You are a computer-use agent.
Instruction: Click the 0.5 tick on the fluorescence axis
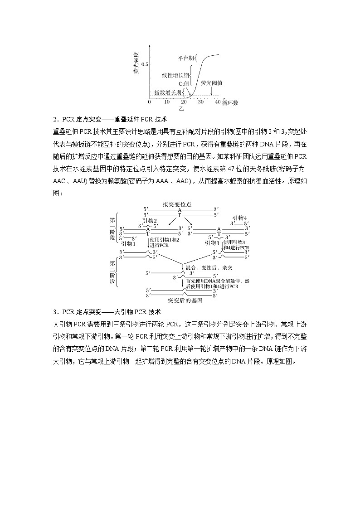pyautogui.click(x=144, y=65)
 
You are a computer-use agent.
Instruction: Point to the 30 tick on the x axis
pyautogui.click(x=201, y=102)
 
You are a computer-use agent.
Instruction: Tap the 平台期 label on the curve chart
pyautogui.click(x=187, y=58)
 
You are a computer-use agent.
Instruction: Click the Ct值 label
pyautogui.click(x=184, y=84)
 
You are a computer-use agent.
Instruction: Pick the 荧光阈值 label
pyautogui.click(x=212, y=83)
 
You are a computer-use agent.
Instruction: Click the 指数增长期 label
pyautogui.click(x=168, y=92)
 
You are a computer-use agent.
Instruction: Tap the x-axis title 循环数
pyautogui.click(x=230, y=103)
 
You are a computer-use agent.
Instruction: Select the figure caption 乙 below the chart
pyautogui.click(x=181, y=109)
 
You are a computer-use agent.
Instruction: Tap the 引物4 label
pyautogui.click(x=239, y=218)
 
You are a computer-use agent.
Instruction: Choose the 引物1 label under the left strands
pyautogui.click(x=128, y=243)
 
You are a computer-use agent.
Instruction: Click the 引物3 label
pyautogui.click(x=212, y=243)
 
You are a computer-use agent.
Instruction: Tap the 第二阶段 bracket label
pyautogui.click(x=112, y=272)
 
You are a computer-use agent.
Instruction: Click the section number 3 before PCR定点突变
pyautogui.click(x=54, y=312)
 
